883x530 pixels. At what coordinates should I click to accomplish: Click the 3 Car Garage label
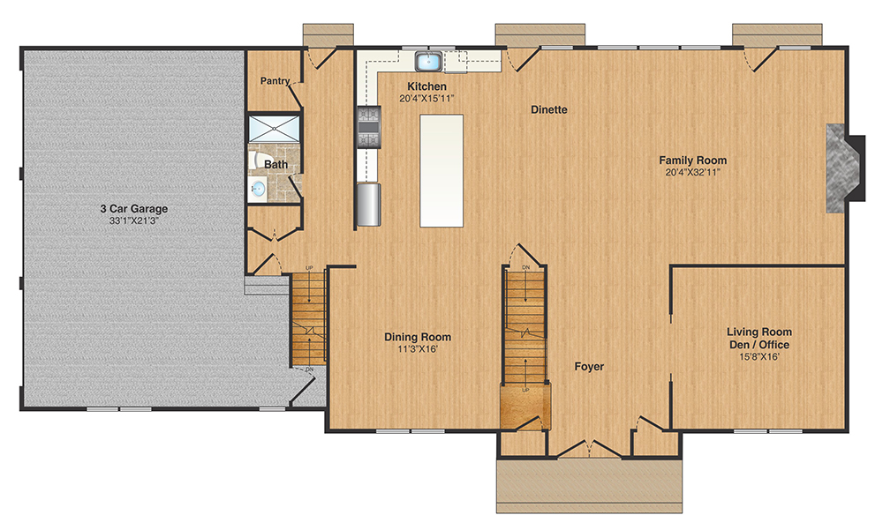point(133,209)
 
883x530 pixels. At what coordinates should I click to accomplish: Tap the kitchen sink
point(430,61)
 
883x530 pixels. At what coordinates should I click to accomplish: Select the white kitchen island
point(441,170)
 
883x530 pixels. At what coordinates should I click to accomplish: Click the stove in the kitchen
point(367,127)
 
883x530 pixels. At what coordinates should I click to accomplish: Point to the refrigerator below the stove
point(368,204)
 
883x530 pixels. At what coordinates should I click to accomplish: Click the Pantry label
point(275,81)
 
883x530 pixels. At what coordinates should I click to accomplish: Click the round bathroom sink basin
point(258,188)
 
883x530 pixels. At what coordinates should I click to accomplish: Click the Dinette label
point(548,110)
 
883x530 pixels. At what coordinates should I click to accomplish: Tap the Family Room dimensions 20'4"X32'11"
point(692,173)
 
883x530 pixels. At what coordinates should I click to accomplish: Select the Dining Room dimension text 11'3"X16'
point(418,349)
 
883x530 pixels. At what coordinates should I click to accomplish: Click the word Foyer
point(589,366)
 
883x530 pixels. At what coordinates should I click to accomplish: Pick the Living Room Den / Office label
point(758,339)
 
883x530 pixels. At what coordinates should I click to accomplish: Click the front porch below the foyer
point(590,485)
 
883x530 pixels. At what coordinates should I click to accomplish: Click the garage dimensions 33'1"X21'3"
point(133,221)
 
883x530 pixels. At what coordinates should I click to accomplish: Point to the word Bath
point(276,165)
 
